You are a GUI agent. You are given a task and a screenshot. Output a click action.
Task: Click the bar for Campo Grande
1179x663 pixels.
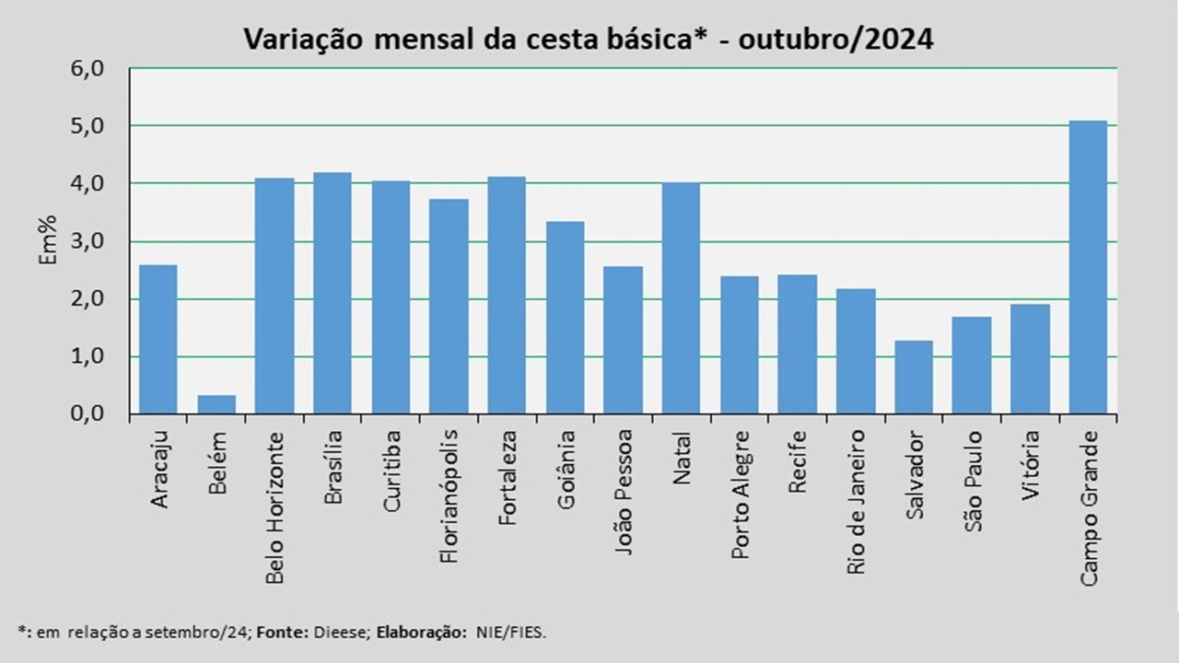pos(1088,267)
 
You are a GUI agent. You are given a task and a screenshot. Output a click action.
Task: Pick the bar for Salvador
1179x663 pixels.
pos(914,378)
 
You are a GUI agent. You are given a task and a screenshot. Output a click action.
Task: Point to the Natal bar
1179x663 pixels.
pos(681,298)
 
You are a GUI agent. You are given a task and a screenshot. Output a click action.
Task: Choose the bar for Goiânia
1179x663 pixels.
pos(565,318)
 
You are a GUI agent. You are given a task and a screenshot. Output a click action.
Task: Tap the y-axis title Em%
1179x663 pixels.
pos(48,240)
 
